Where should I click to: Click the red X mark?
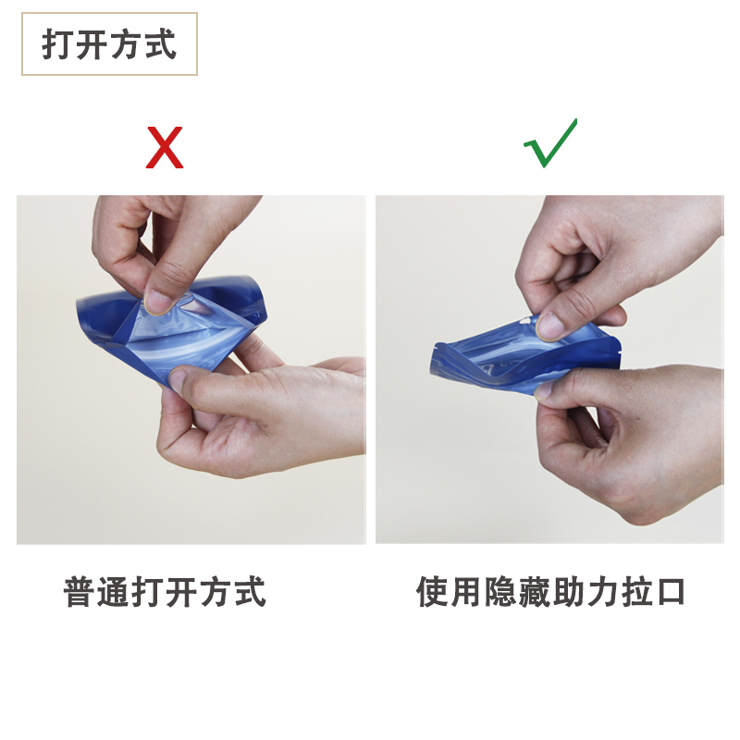click(165, 148)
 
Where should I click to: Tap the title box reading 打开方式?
click(109, 44)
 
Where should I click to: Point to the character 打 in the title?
click(58, 44)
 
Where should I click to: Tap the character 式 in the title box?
click(160, 44)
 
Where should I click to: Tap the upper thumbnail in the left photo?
click(159, 301)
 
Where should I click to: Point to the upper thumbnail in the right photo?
click(549, 325)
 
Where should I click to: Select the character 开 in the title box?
click(92, 44)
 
